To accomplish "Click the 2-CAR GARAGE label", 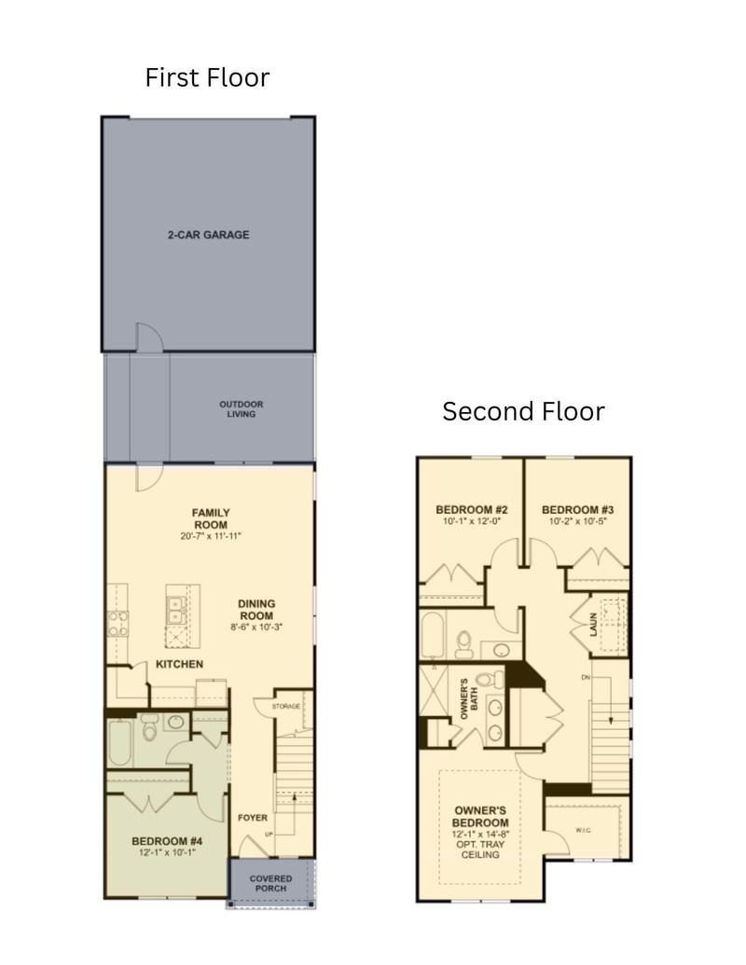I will point(208,235).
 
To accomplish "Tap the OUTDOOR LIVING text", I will point(242,409).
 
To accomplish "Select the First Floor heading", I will point(207,77).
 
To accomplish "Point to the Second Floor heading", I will point(523,411).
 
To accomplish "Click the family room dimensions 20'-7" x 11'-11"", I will point(211,537).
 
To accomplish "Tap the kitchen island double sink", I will point(176,611).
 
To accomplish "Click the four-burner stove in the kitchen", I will point(117,623).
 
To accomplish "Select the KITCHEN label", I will point(180,664).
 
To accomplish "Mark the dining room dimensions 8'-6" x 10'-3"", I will point(256,627).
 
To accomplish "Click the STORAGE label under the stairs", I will point(286,707).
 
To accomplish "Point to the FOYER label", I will point(253,818).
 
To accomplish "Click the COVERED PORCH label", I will point(270,883).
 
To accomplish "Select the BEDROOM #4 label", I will point(167,840).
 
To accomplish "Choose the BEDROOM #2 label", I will point(472,510).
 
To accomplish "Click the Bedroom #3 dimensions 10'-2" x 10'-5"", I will point(577,522).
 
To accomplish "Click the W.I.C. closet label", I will point(585,831).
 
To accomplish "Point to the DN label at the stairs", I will point(585,677).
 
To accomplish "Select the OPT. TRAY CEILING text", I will point(480,848).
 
